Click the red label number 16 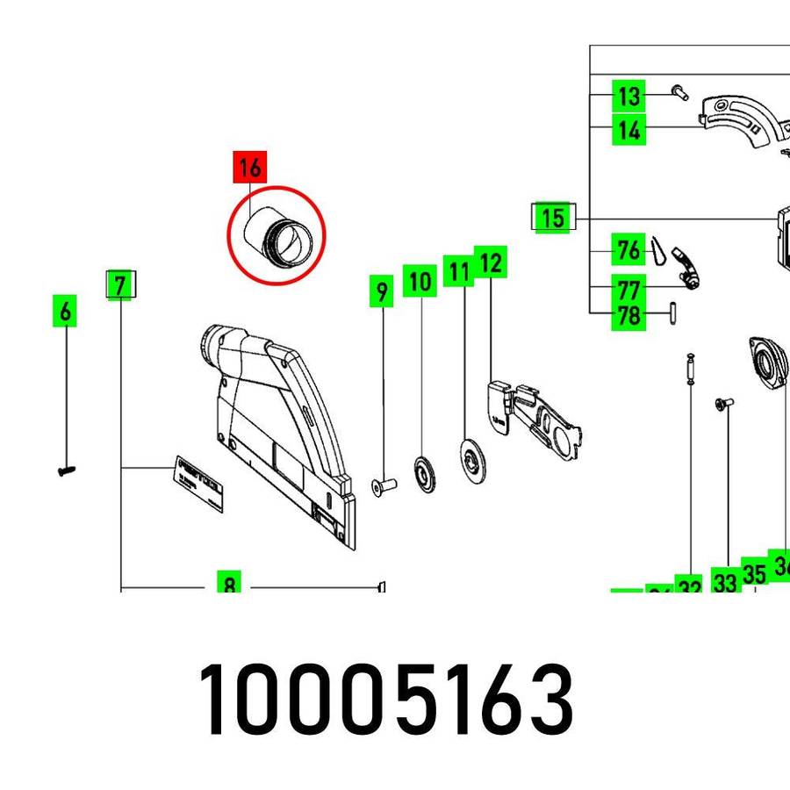[x=249, y=166]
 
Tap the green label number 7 [x=121, y=284]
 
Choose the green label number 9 [x=380, y=291]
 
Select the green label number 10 [x=420, y=282]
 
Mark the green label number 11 [x=457, y=271]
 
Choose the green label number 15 [x=553, y=217]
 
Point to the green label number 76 [x=628, y=251]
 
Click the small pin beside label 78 [x=671, y=313]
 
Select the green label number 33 [x=724, y=582]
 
